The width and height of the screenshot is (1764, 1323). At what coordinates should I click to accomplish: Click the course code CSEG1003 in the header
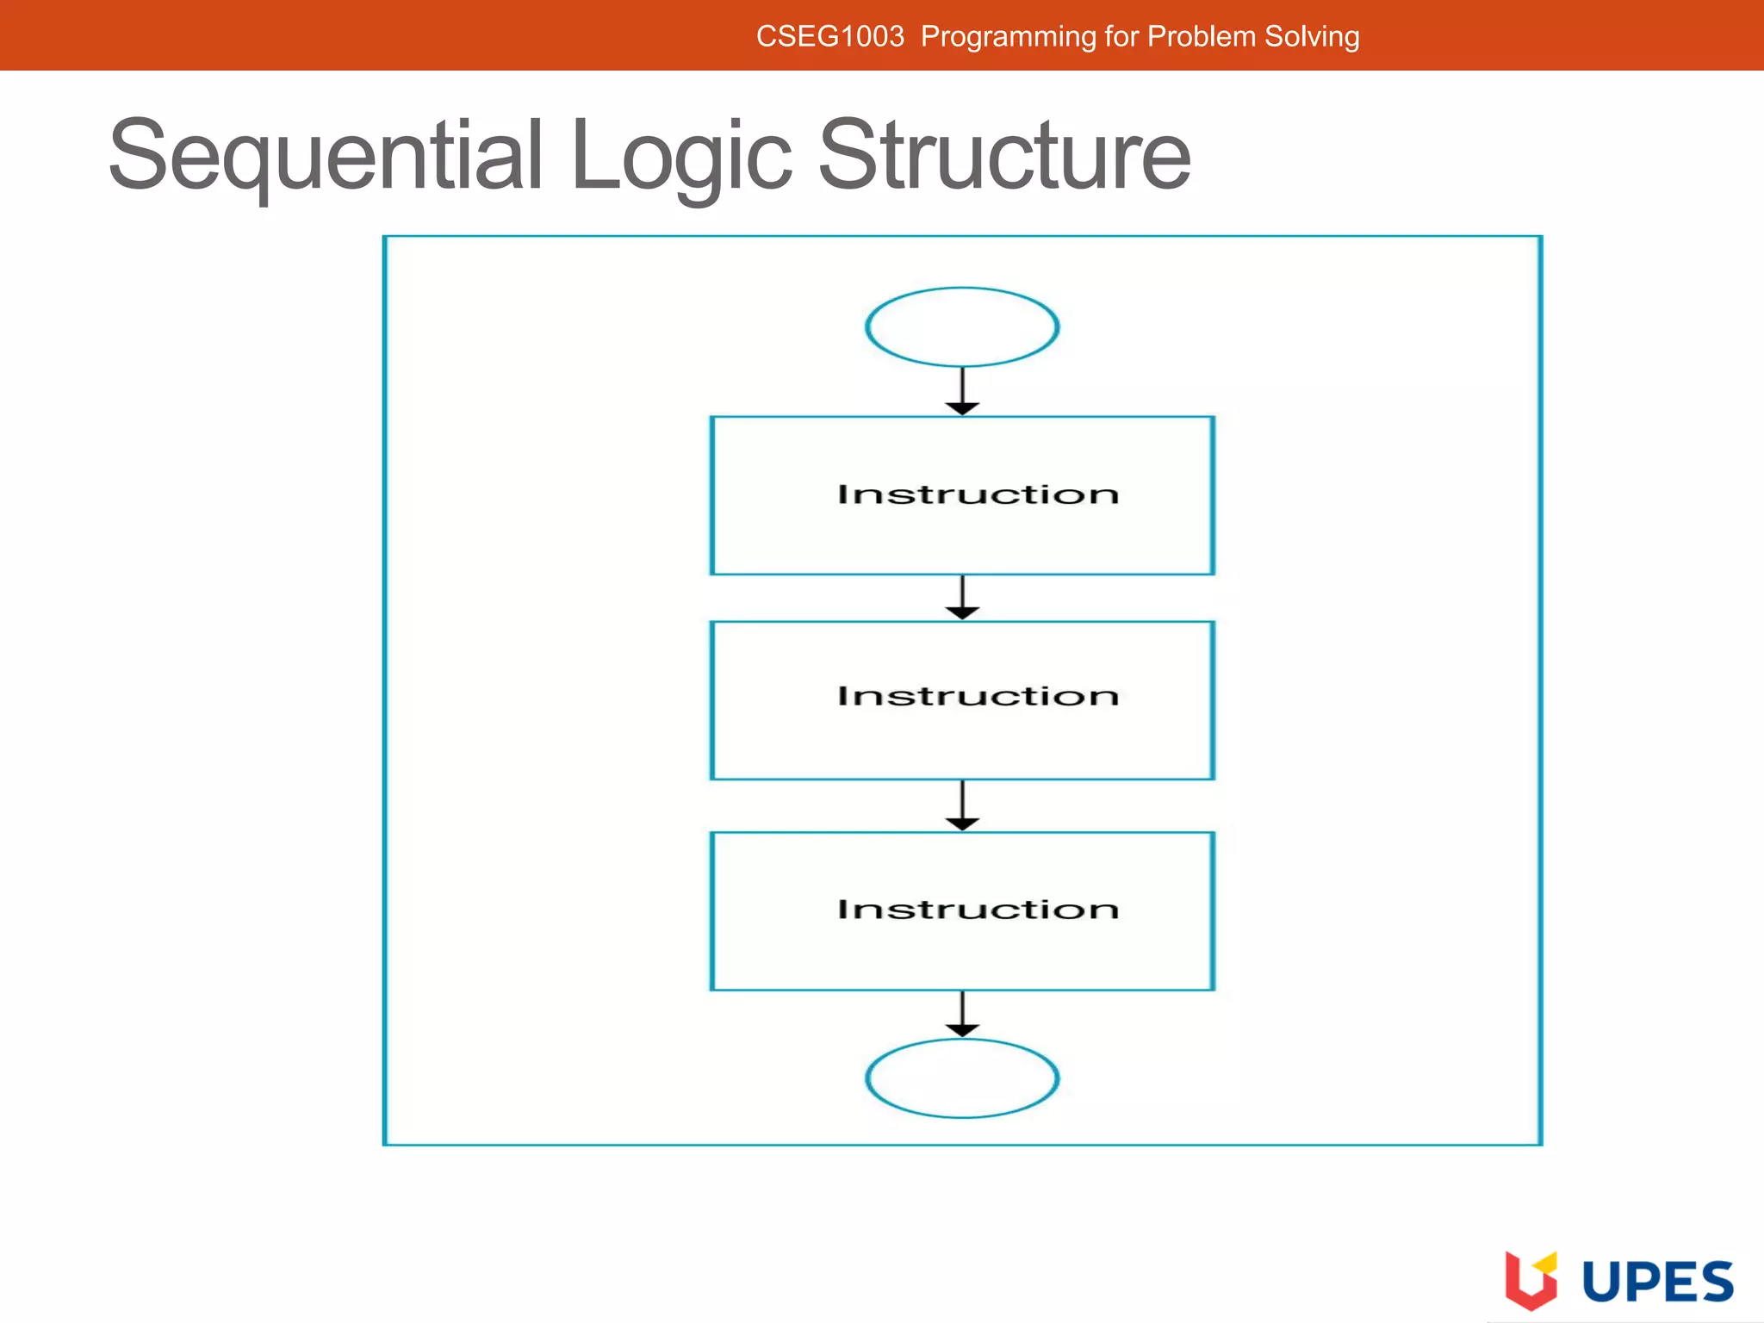829,37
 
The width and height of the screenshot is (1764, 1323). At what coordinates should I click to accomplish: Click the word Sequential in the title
326,157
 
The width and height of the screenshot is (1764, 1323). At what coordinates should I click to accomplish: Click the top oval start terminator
962,327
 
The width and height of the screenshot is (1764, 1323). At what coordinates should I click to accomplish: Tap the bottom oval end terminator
962,1078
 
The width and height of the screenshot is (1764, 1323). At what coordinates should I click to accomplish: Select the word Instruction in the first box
978,494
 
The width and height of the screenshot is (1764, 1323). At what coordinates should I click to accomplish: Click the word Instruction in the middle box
978,696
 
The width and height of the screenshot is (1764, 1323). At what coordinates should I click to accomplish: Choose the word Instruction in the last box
978,910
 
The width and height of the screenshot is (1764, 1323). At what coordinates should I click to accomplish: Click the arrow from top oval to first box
962,393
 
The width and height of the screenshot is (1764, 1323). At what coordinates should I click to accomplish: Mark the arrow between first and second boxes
962,598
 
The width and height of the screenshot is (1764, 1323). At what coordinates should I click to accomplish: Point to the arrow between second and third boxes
962,806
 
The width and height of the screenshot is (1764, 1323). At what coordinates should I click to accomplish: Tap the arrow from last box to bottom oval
962,1015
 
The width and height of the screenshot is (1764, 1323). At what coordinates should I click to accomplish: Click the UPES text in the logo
1658,1282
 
